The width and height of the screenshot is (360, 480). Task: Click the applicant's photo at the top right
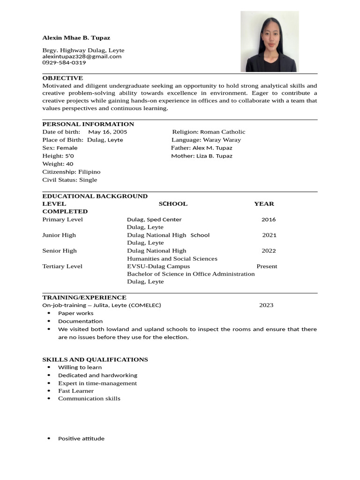coord(269,42)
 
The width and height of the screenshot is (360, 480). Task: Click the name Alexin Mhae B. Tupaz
coord(76,37)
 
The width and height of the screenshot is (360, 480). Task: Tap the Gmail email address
coord(82,56)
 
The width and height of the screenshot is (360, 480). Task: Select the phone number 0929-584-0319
coord(64,62)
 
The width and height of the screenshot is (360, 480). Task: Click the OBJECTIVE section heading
coord(62,78)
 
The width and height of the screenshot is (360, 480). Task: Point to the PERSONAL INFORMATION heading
coord(88,124)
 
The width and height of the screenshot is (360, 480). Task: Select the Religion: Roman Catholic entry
coord(209,132)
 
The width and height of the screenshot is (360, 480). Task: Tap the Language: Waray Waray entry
coord(206,140)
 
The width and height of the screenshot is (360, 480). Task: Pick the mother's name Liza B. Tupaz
coord(214,156)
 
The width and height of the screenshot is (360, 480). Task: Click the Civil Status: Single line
coord(70,180)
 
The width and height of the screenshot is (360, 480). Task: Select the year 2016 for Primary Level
coord(269,219)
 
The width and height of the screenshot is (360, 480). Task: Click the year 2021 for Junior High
coord(269,235)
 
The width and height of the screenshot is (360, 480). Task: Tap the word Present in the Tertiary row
coord(267,266)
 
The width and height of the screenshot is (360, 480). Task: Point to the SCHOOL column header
coord(173,204)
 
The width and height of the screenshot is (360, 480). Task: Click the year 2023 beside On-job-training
coord(266,305)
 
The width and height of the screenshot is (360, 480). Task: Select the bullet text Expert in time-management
coord(97,383)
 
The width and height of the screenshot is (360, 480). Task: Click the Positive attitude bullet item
coord(81,439)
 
